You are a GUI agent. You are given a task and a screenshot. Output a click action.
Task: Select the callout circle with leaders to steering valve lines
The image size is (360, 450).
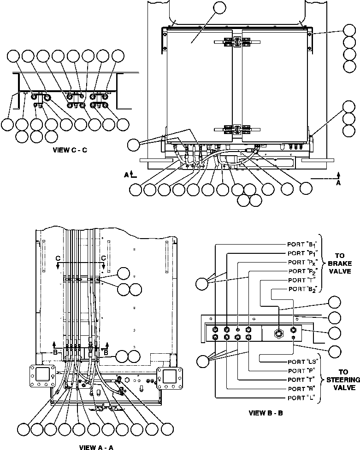[202, 362]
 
